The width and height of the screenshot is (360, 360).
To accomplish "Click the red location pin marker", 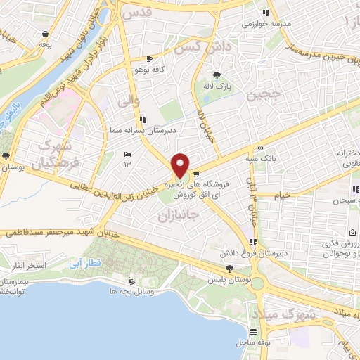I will (x=180, y=166).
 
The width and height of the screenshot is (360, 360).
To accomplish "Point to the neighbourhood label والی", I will (x=121, y=102).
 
